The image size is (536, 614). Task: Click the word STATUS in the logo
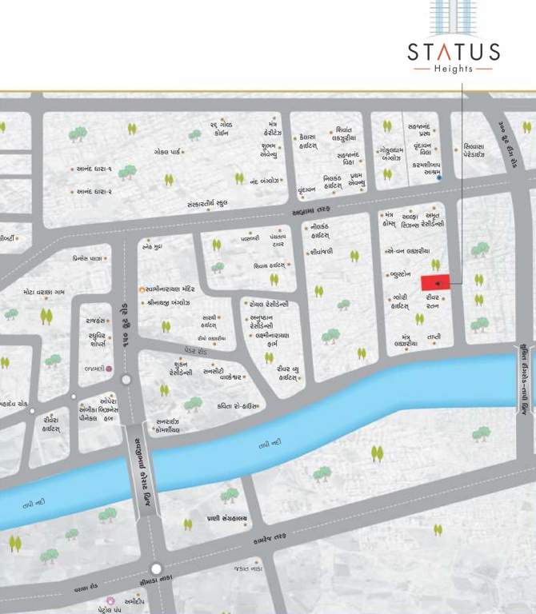[454, 53]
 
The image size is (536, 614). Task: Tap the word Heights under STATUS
[454, 70]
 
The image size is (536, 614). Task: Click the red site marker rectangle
[436, 283]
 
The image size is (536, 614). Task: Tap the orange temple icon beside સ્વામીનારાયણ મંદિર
[142, 289]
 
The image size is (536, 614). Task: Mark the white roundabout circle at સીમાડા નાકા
[157, 569]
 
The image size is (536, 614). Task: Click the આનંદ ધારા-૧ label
[94, 169]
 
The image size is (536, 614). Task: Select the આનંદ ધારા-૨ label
[94, 192]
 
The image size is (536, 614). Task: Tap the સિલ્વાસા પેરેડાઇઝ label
[481, 152]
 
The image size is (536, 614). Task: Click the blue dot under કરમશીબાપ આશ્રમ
[439, 178]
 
